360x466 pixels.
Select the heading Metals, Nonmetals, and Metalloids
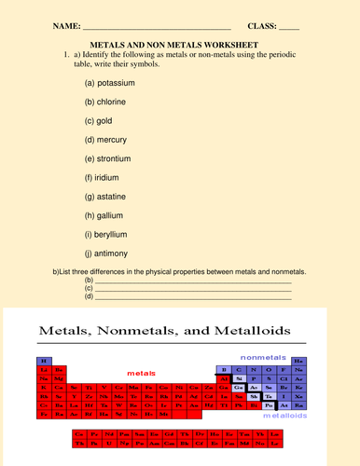tap(163, 331)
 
